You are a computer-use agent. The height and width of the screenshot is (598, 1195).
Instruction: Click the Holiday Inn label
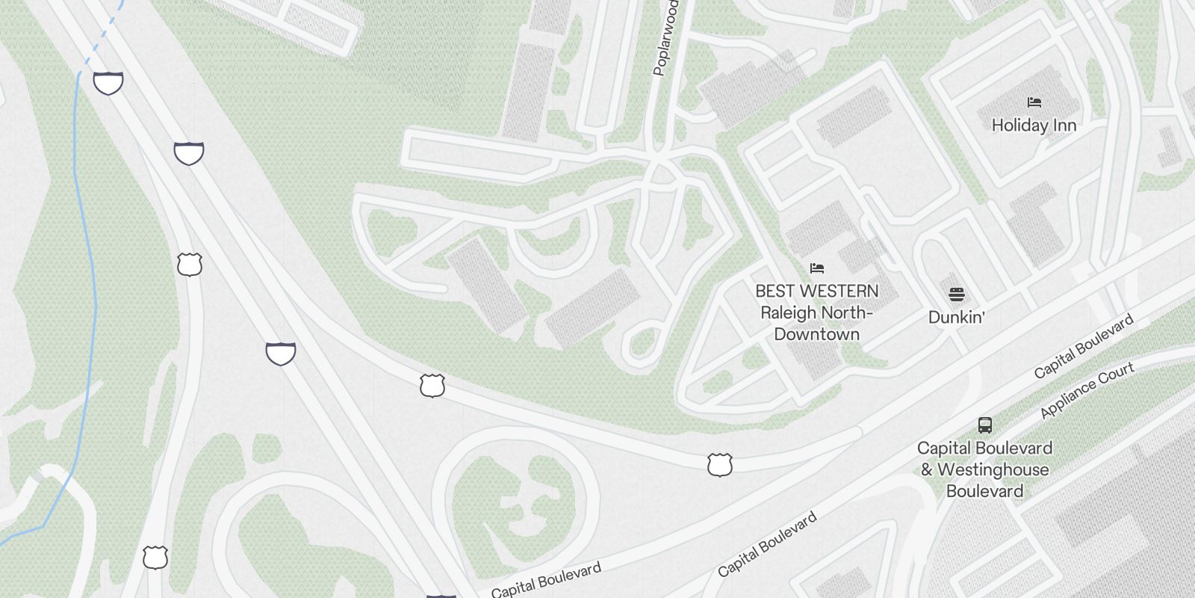(1034, 126)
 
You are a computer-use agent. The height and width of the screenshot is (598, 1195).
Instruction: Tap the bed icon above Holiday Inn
(1034, 102)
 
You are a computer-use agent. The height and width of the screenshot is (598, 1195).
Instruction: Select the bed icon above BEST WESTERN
(817, 268)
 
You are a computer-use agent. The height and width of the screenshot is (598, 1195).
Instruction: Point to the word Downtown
(816, 334)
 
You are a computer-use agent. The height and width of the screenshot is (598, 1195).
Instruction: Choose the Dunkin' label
(956, 317)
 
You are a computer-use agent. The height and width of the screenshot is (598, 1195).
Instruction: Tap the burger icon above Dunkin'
(957, 294)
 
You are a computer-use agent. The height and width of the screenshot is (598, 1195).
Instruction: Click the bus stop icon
(985, 425)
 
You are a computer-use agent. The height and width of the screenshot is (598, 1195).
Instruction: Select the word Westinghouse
(993, 470)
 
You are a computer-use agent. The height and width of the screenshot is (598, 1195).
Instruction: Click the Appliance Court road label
(1087, 390)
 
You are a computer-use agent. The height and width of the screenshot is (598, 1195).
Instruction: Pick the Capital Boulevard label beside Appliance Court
(1084, 346)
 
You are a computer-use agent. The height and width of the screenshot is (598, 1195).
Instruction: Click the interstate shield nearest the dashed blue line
(108, 83)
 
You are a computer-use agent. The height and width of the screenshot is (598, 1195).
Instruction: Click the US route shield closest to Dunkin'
(719, 464)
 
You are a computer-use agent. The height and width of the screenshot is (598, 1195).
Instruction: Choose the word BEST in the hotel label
(774, 291)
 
